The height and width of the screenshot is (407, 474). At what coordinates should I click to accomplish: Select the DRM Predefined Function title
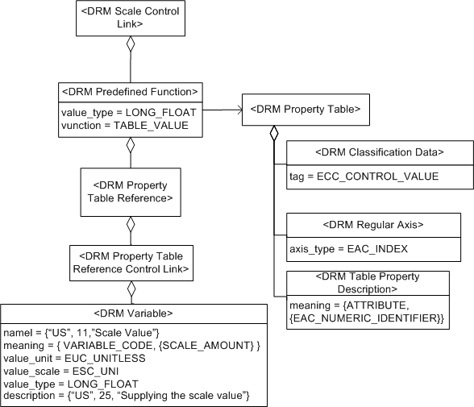[130, 90]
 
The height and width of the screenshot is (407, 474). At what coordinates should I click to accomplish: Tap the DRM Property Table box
[306, 107]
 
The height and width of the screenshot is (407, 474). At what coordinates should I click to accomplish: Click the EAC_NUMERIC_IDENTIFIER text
[368, 320]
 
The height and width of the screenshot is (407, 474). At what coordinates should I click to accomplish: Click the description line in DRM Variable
[128, 396]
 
